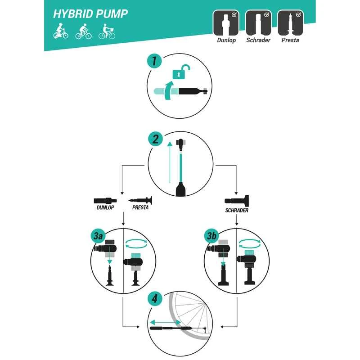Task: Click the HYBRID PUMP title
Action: (90, 14)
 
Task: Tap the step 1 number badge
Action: (154, 61)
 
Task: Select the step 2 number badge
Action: (155, 139)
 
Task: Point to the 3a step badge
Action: (98, 235)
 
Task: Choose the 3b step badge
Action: (211, 235)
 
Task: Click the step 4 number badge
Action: (155, 299)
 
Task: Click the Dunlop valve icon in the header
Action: (226, 23)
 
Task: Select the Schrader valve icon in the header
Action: (258, 23)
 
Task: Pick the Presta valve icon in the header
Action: (290, 23)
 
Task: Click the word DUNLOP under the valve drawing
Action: (105, 207)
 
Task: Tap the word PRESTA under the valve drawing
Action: (140, 207)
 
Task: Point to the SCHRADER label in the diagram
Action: (237, 210)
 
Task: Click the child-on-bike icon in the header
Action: (61, 31)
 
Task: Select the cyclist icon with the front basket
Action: (107, 31)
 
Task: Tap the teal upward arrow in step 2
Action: (170, 162)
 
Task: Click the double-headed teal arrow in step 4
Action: (165, 322)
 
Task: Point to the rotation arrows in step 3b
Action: (250, 244)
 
